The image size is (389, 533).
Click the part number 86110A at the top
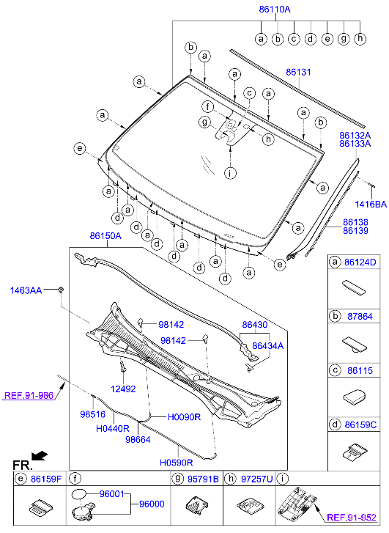click(x=275, y=9)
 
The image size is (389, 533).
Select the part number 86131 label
click(x=298, y=73)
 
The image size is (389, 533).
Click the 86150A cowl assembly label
click(x=105, y=236)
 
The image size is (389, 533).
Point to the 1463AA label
click(x=26, y=290)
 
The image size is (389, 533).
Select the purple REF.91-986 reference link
click(x=28, y=395)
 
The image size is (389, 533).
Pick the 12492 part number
click(x=123, y=389)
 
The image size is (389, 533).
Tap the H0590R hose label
click(x=177, y=463)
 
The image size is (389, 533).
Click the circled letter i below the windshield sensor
click(x=231, y=173)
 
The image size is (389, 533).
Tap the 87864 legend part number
click(x=360, y=317)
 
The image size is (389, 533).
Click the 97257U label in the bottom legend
click(x=257, y=479)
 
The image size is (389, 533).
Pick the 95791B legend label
click(x=204, y=479)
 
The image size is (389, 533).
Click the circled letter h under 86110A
click(x=360, y=37)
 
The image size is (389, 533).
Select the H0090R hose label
click(x=184, y=416)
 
